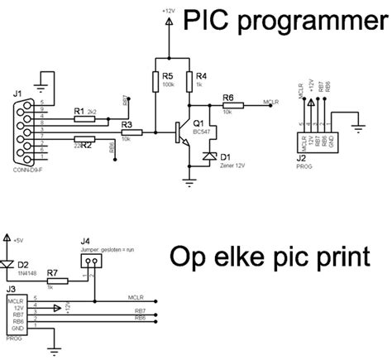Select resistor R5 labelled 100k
(x=155, y=81)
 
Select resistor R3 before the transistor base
(x=128, y=132)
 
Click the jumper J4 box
(x=93, y=261)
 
